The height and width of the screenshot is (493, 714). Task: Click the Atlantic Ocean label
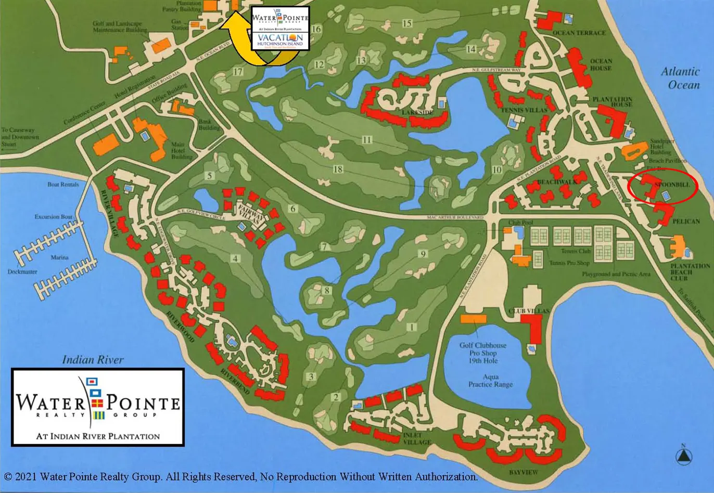pyautogui.click(x=680, y=78)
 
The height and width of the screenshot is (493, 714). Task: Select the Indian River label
pyautogui.click(x=93, y=359)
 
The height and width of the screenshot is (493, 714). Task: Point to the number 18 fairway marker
pyautogui.click(x=338, y=170)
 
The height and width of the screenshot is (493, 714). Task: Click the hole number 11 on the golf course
pyautogui.click(x=367, y=140)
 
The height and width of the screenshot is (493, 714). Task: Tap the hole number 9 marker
pyautogui.click(x=423, y=254)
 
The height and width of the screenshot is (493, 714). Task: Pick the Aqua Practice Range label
pyautogui.click(x=490, y=381)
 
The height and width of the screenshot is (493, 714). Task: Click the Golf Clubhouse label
pyautogui.click(x=483, y=345)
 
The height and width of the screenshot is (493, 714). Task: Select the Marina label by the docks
pyautogui.click(x=59, y=257)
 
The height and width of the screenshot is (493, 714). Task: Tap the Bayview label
pyautogui.click(x=524, y=472)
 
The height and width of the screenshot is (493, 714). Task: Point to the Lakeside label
pyautogui.click(x=417, y=112)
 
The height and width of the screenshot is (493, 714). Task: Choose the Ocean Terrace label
pyautogui.click(x=579, y=33)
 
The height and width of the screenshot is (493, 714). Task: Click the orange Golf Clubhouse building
pyautogui.click(x=473, y=318)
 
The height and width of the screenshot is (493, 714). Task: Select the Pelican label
pyautogui.click(x=686, y=222)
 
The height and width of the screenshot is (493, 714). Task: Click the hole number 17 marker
pyautogui.click(x=238, y=72)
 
